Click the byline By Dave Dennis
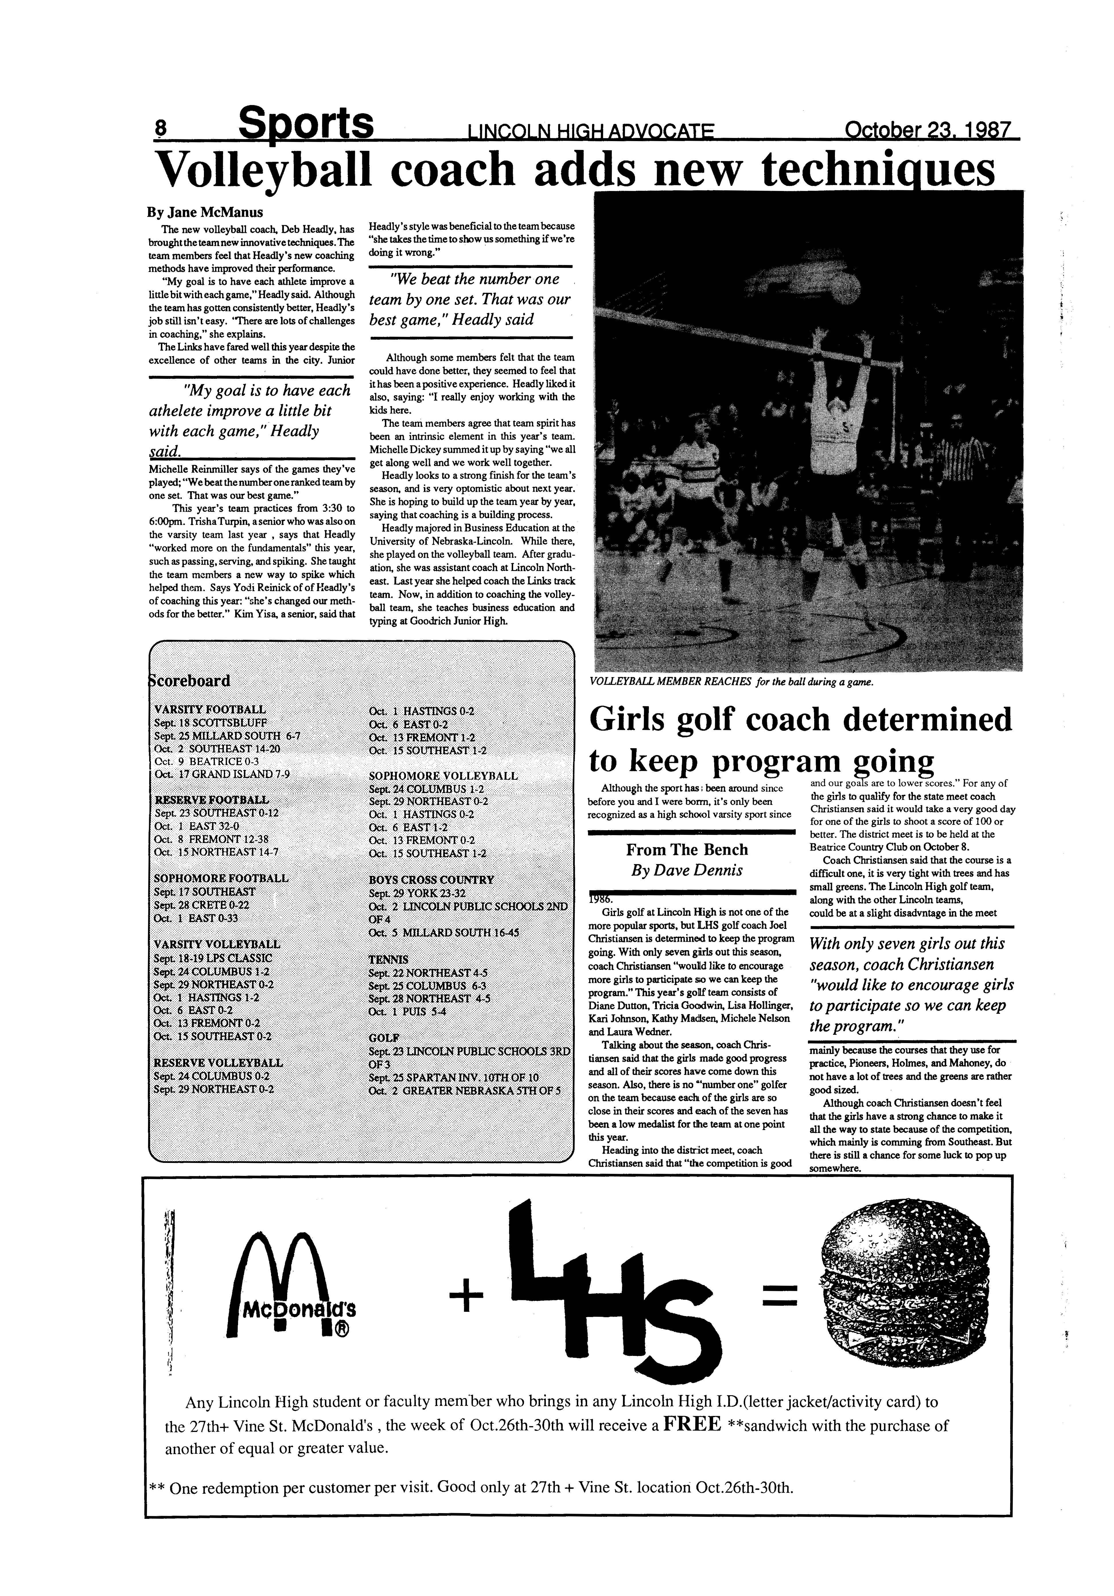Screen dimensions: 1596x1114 pyautogui.click(x=686, y=870)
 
